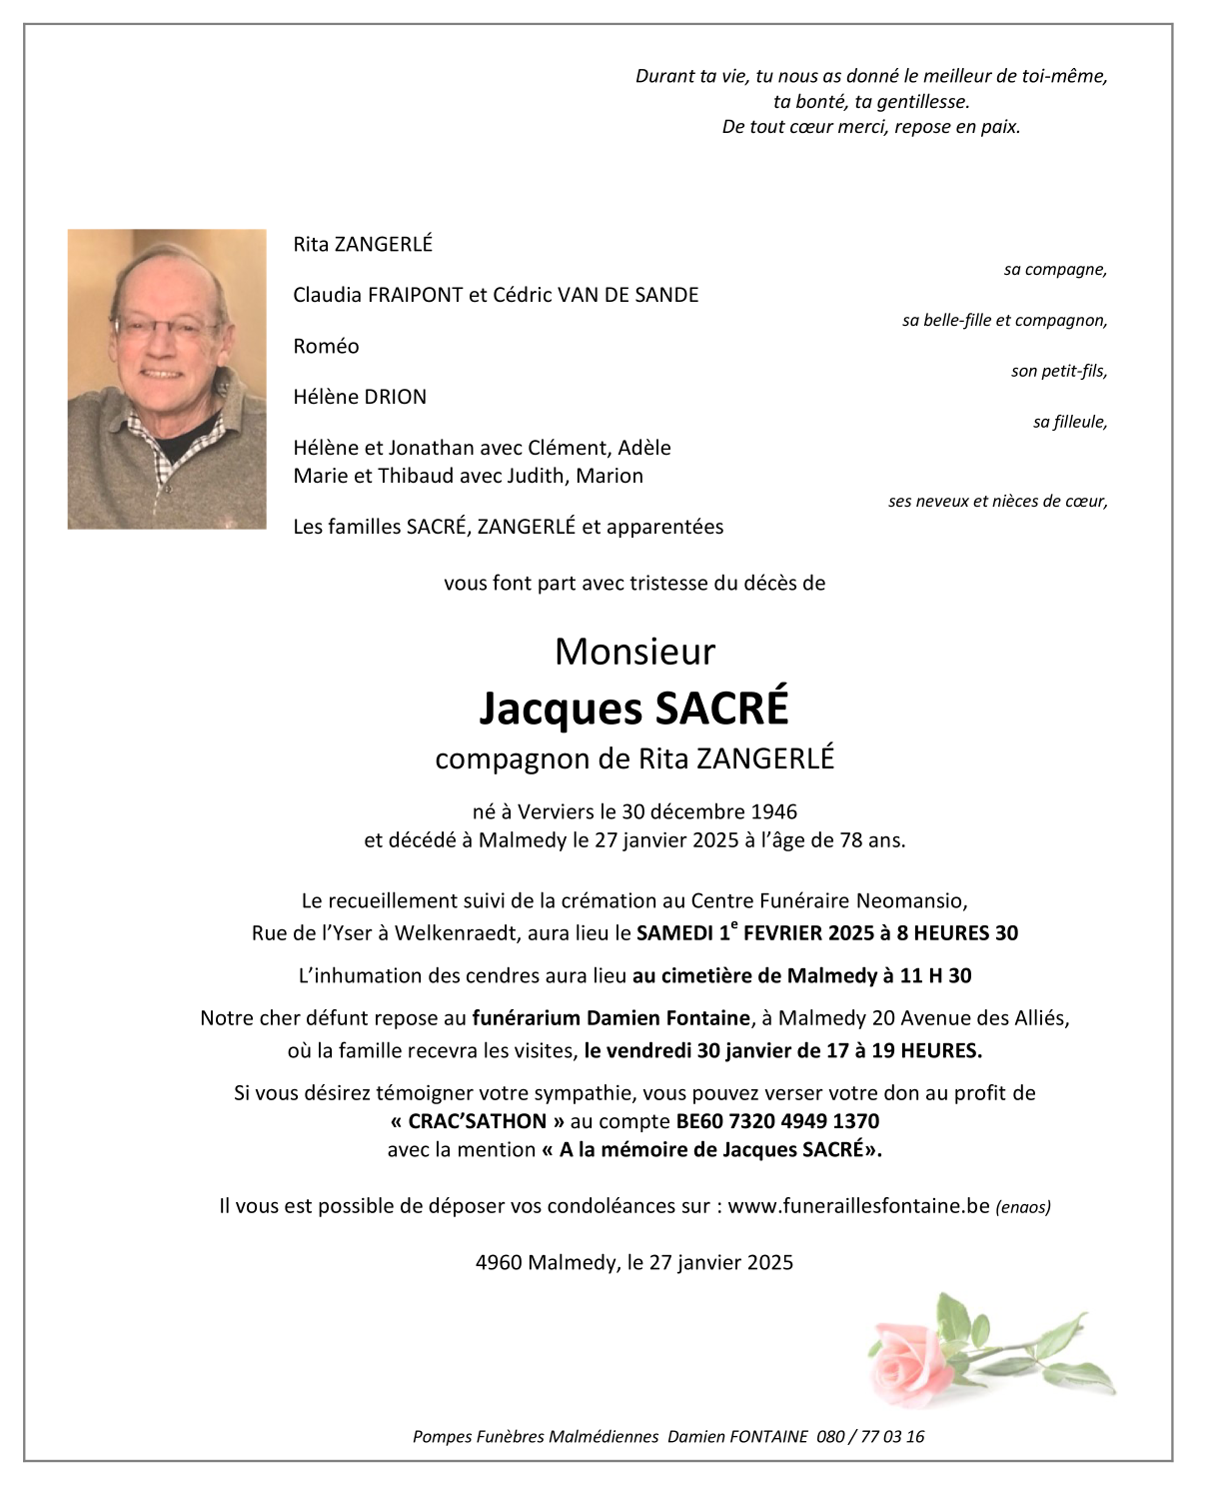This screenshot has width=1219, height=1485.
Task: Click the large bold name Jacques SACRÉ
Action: point(633,708)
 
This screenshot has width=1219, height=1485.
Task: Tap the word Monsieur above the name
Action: point(634,652)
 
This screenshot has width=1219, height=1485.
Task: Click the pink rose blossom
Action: point(909,1359)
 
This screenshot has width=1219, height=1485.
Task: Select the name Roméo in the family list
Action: point(326,347)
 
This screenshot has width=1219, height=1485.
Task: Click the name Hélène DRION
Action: point(360,397)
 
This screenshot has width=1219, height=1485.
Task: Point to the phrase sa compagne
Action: point(1055,270)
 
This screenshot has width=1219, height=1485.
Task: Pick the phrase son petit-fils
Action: point(1058,372)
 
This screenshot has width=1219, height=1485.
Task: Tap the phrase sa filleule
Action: point(1069,423)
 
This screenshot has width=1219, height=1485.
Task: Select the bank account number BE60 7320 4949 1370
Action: point(777,1121)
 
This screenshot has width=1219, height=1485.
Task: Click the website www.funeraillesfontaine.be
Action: point(858,1206)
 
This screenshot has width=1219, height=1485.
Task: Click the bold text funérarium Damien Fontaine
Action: point(610,1018)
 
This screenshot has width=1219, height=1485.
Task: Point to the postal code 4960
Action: point(498,1263)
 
